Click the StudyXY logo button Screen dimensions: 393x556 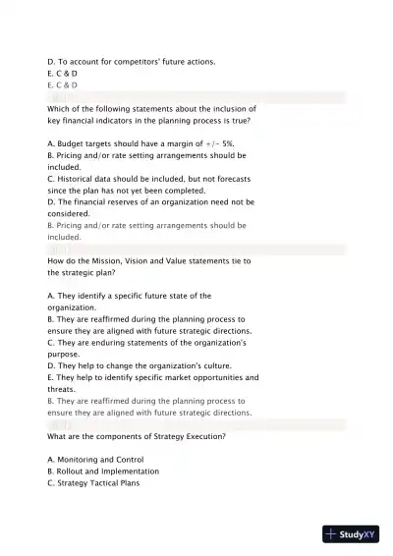pyautogui.click(x=351, y=534)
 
